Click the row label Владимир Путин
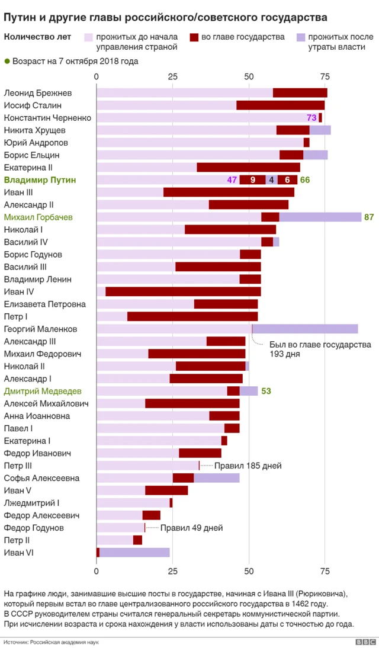tap(40, 180)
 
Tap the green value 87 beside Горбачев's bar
tap(369, 217)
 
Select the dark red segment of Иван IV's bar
tap(183, 291)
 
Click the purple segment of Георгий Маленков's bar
tap(305, 329)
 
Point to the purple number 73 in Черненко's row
tap(311, 118)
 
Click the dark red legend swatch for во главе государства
tap(194, 37)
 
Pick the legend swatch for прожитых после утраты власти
tap(300, 37)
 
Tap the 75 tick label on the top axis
tap(325, 76)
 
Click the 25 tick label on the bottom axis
tap(172, 572)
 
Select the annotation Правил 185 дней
tap(248, 466)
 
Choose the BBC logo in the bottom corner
tap(365, 642)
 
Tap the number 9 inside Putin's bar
tap(253, 180)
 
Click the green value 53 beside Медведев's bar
tap(266, 392)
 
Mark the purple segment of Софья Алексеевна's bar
tap(217, 478)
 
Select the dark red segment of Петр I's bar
tap(192, 316)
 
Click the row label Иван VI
tap(18, 553)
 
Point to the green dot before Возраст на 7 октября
tap(7, 60)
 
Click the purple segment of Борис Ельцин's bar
tap(316, 155)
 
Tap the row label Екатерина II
tap(28, 168)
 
